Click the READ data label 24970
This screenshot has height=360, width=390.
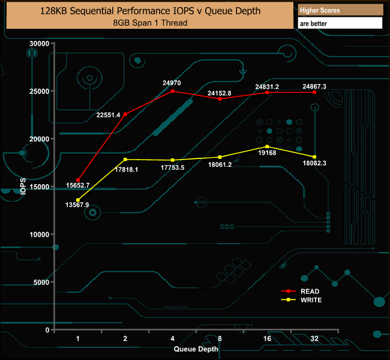pyautogui.click(x=172, y=82)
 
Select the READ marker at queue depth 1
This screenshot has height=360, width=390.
pyautogui.click(x=78, y=181)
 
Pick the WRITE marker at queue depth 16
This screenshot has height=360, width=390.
pyautogui.click(x=267, y=146)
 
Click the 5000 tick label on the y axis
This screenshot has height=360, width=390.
pyautogui.click(x=42, y=283)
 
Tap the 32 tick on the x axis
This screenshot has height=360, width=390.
pyautogui.click(x=314, y=339)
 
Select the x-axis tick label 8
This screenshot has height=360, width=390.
pyautogui.click(x=220, y=339)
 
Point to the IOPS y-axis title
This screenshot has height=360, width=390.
pyautogui.click(x=23, y=186)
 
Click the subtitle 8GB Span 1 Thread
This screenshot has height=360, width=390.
pyautogui.click(x=149, y=22)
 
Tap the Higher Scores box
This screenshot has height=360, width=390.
pyautogui.click(x=340, y=10)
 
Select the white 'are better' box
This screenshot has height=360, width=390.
pyautogui.click(x=340, y=23)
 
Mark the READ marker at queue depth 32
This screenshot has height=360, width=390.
pyautogui.click(x=314, y=92)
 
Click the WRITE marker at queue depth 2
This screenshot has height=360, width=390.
pyautogui.click(x=125, y=160)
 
